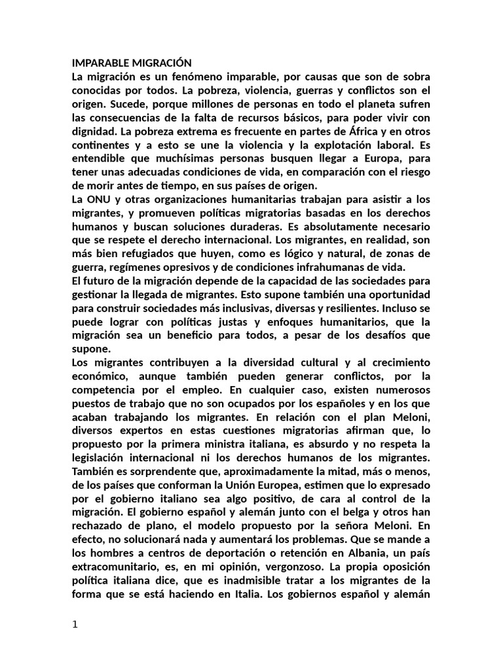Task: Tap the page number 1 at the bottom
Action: point(75,625)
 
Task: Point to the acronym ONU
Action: point(100,200)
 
